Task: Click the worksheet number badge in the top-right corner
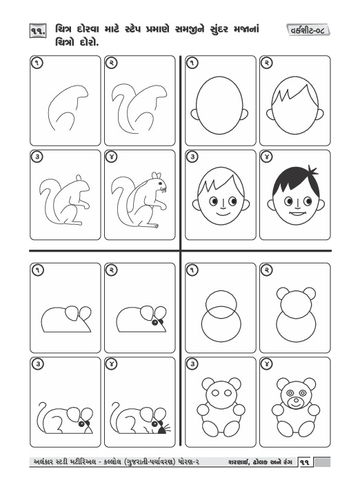pyautogui.click(x=308, y=30)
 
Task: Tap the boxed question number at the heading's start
pyautogui.click(x=38, y=31)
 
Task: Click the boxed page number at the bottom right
pyautogui.click(x=305, y=462)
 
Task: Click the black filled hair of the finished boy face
pyautogui.click(x=295, y=181)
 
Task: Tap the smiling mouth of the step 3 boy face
pyautogui.click(x=222, y=214)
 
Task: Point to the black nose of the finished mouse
pyautogui.click(x=162, y=430)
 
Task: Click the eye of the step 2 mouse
pyautogui.click(x=154, y=323)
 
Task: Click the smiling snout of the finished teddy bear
pyautogui.click(x=294, y=403)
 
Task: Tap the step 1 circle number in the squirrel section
pyautogui.click(x=37, y=63)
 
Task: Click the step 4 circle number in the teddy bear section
pyautogui.click(x=267, y=364)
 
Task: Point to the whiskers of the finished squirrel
pyautogui.click(x=163, y=188)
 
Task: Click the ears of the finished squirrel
pyautogui.click(x=157, y=175)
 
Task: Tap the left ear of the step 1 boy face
pyautogui.click(x=194, y=115)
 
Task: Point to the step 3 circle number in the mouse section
pyautogui.click(x=37, y=364)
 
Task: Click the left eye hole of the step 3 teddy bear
pyautogui.click(x=215, y=393)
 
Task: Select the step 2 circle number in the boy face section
pyautogui.click(x=267, y=63)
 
